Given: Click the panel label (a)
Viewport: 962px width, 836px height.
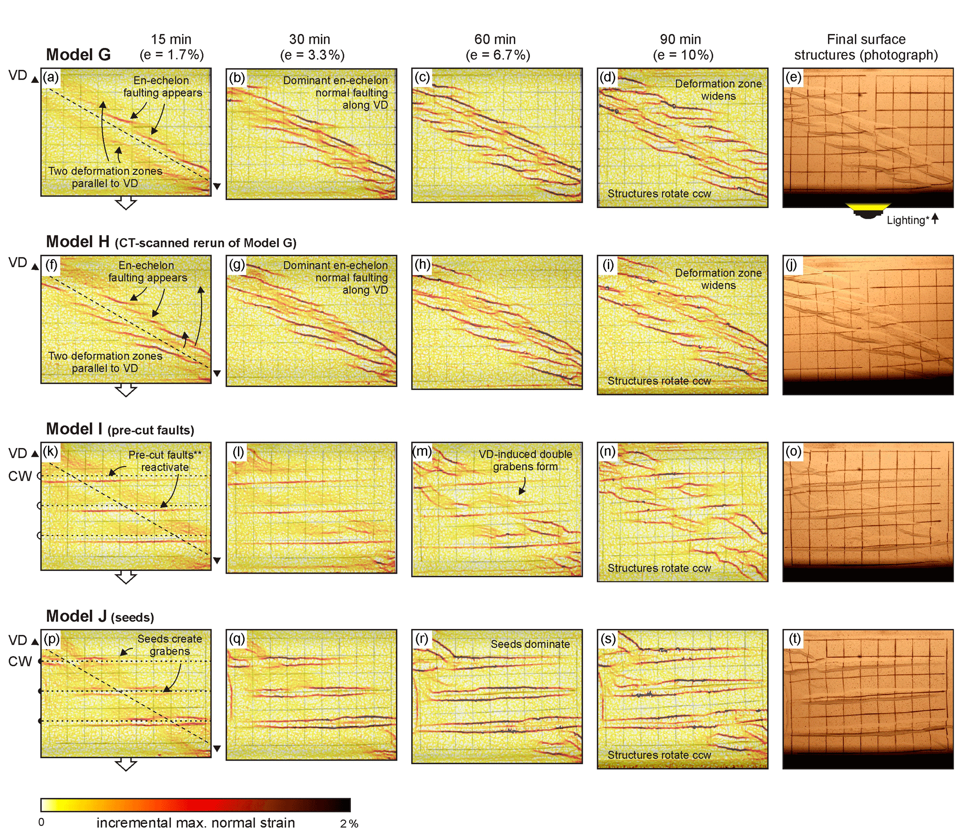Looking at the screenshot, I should pyautogui.click(x=51, y=77).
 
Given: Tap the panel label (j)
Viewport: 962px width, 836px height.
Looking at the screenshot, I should pyautogui.click(x=792, y=265).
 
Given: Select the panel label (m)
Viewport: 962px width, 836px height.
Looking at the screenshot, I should pyautogui.click(x=422, y=451).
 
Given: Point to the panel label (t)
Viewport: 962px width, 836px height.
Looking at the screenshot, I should pyautogui.click(x=794, y=639).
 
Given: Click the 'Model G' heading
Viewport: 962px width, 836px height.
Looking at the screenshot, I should pyautogui.click(x=78, y=55).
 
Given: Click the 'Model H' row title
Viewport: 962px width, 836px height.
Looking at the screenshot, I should pyautogui.click(x=77, y=242).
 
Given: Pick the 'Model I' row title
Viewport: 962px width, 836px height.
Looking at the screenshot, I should pyautogui.click(x=74, y=429).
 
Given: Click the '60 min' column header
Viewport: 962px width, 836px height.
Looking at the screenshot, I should pyautogui.click(x=495, y=39).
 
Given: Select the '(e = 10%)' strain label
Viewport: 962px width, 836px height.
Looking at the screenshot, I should pyautogui.click(x=683, y=55).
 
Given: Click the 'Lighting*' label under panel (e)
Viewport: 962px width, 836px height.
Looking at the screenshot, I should pyautogui.click(x=906, y=220).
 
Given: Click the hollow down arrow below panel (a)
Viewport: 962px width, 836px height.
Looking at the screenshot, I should pyautogui.click(x=126, y=203).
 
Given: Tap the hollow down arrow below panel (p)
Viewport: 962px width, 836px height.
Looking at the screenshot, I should pyautogui.click(x=126, y=765).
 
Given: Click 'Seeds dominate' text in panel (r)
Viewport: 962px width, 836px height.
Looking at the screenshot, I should pyautogui.click(x=530, y=644).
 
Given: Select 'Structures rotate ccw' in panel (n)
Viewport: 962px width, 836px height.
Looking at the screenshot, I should pyautogui.click(x=659, y=568).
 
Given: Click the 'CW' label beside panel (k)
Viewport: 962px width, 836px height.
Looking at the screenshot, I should pyautogui.click(x=20, y=476).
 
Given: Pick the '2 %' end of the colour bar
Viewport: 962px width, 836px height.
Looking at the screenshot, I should pyautogui.click(x=349, y=824).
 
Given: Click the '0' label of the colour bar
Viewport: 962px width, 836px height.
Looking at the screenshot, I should pyautogui.click(x=41, y=823).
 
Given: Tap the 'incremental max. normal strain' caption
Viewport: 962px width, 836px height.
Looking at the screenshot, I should pyautogui.click(x=195, y=823).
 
